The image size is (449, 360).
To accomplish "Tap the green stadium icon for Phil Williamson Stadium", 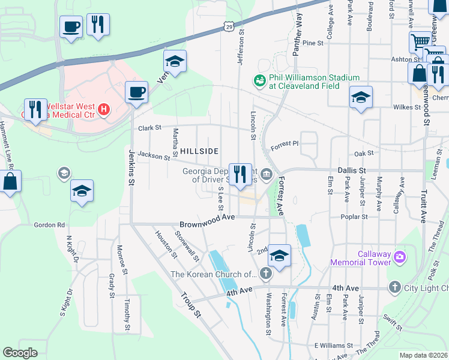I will coord(260,80).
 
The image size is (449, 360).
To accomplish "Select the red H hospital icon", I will coord(104,109).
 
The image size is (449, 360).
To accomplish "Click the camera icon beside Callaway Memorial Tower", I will coord(400,258).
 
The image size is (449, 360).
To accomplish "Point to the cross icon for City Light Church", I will coord(394,287).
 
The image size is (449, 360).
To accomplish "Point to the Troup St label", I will coord(191,304).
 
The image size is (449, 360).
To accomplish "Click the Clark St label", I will coord(150,128).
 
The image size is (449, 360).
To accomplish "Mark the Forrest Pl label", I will coord(284,145).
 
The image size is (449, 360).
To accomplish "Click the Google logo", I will coord(20,352).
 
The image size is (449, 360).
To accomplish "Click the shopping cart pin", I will coord(421,42).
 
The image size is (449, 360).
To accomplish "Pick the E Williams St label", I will coord(332,346).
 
